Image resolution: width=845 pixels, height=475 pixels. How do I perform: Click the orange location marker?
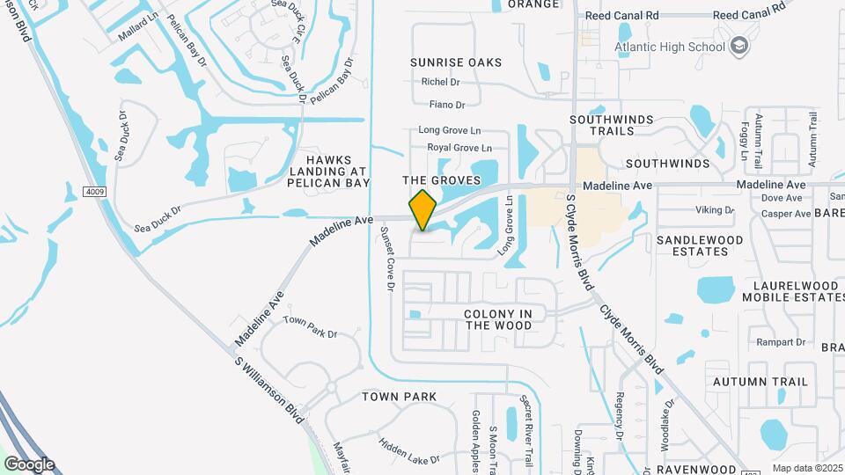coord(423,210)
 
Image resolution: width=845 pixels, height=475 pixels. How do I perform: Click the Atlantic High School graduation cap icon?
coord(738,46)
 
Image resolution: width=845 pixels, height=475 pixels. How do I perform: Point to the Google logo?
coord(29,464)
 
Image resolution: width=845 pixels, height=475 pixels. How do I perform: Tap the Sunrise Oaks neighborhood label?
coord(456,62)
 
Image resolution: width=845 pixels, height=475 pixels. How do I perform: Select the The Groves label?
coord(442,180)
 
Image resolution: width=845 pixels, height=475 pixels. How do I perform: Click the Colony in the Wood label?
coord(497,319)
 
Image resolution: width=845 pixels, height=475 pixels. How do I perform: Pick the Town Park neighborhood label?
coord(399,397)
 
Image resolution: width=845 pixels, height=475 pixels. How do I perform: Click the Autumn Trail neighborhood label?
coord(760,382)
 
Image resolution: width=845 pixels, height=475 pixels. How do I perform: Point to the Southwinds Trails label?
coord(614,124)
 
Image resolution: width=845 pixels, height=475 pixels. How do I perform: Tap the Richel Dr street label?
coord(441,82)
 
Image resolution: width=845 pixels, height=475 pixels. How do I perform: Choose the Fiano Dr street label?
coord(448,105)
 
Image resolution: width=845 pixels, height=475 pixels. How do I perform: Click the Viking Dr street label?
coord(715,210)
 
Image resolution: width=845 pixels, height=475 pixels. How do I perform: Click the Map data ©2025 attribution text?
coord(805,467)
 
